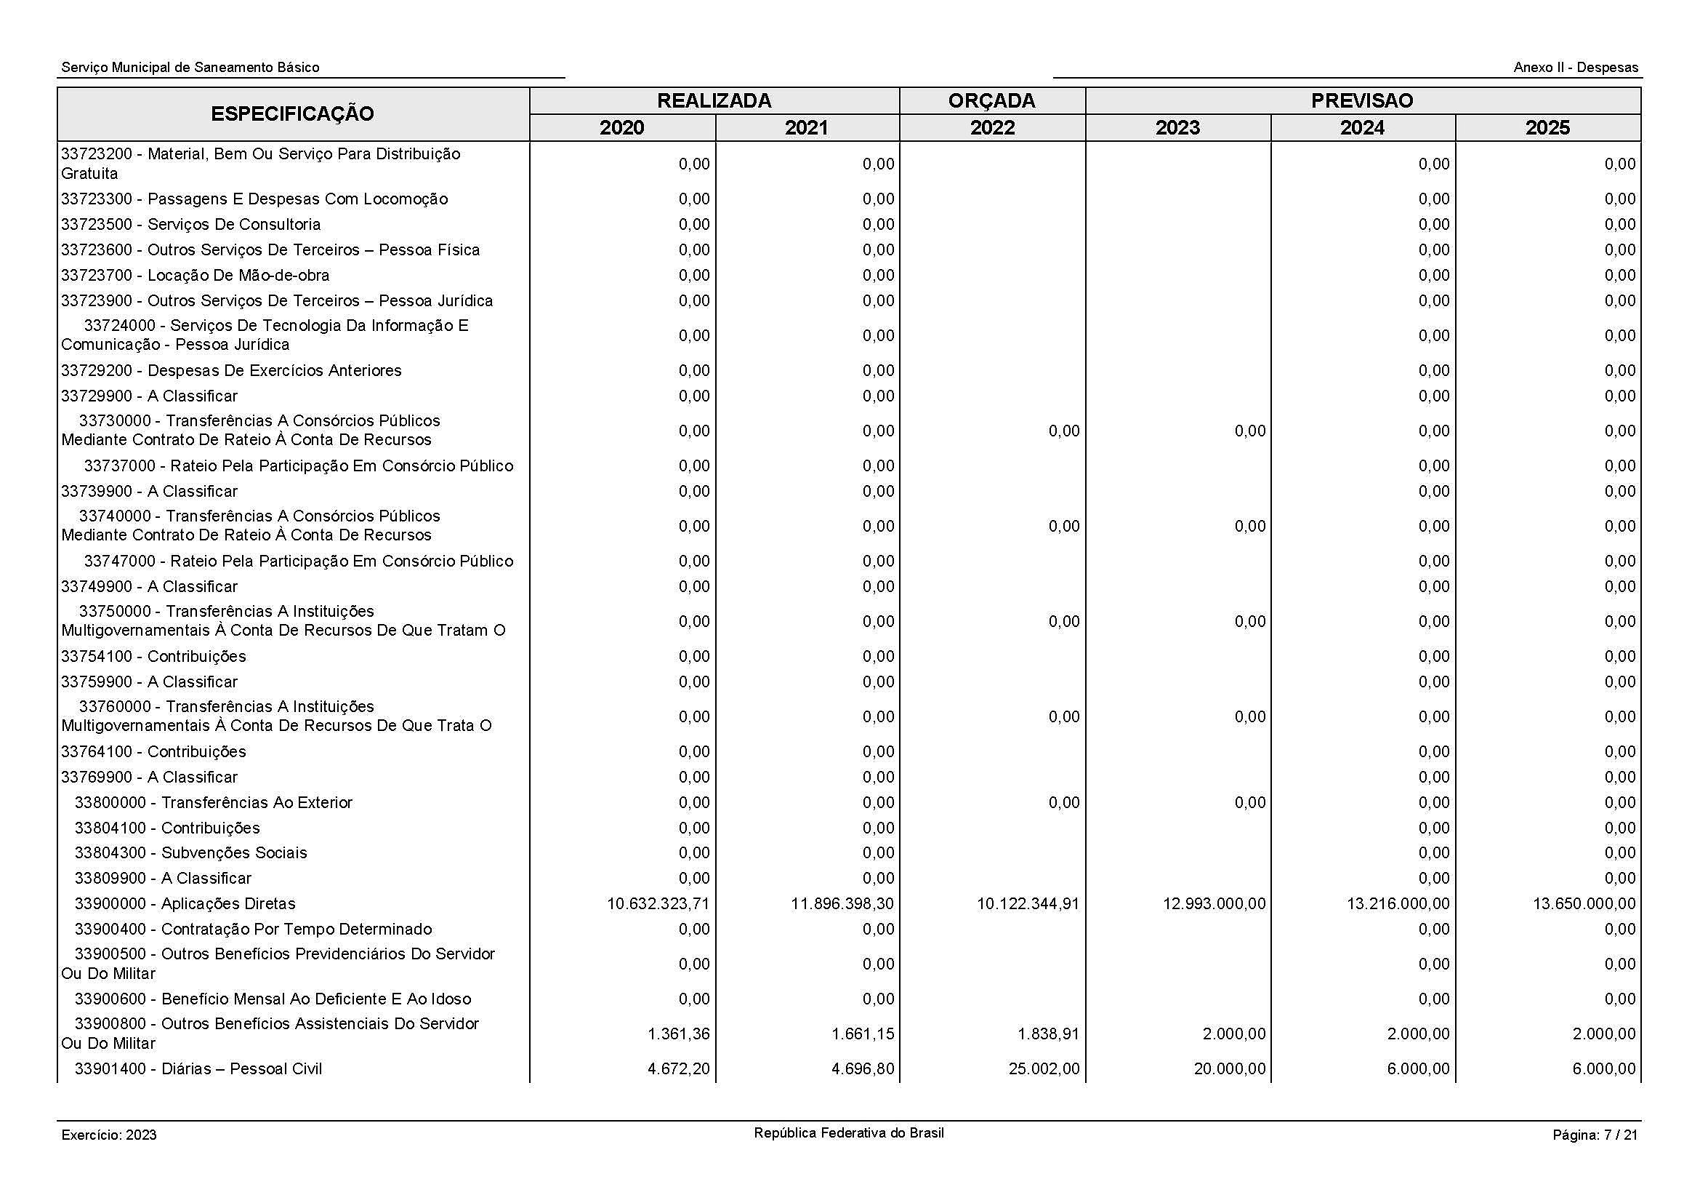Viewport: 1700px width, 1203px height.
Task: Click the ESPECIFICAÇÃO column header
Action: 292,114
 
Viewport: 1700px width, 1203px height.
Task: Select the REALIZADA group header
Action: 714,101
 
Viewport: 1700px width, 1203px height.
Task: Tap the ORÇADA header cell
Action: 991,101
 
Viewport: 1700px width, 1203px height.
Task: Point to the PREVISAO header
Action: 1361,101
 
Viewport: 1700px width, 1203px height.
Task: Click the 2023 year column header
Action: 1177,128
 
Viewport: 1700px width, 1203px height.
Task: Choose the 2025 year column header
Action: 1547,128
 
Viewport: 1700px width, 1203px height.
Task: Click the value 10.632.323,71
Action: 658,904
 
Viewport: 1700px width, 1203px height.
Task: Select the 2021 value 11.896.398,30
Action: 842,904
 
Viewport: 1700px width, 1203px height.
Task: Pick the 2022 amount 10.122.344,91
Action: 1028,904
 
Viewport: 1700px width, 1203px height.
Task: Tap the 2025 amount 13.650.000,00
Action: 1584,904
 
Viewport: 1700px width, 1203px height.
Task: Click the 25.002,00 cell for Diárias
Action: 1044,1069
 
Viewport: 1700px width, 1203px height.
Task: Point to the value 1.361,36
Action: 678,1034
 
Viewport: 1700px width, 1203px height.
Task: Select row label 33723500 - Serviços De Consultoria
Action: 190,225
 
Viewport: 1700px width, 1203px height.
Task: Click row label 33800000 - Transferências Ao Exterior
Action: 213,802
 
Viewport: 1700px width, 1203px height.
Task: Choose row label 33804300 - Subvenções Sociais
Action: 190,852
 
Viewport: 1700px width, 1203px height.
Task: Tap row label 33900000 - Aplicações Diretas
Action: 185,904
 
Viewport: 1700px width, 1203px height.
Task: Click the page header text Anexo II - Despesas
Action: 1576,68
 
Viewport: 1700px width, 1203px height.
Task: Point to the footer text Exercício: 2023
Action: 109,1135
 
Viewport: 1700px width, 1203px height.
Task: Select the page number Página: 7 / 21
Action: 1595,1135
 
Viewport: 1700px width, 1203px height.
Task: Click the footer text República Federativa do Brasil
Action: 848,1132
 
